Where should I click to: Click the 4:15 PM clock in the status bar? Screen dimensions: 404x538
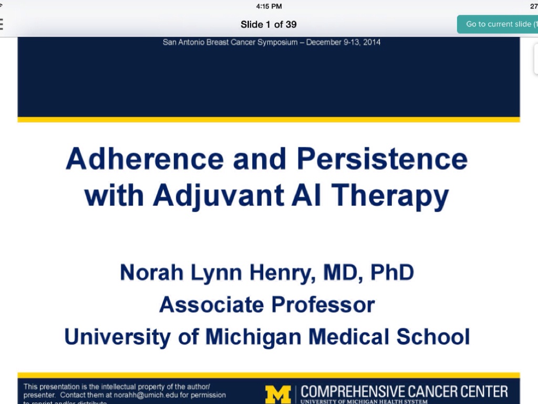[269, 6]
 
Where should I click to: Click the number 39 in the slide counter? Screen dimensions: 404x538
[291, 24]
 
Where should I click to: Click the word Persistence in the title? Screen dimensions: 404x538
[382, 159]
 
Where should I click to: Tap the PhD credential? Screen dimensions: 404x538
[392, 272]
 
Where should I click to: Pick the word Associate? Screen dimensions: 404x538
[211, 305]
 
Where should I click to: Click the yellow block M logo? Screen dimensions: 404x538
[277, 394]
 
